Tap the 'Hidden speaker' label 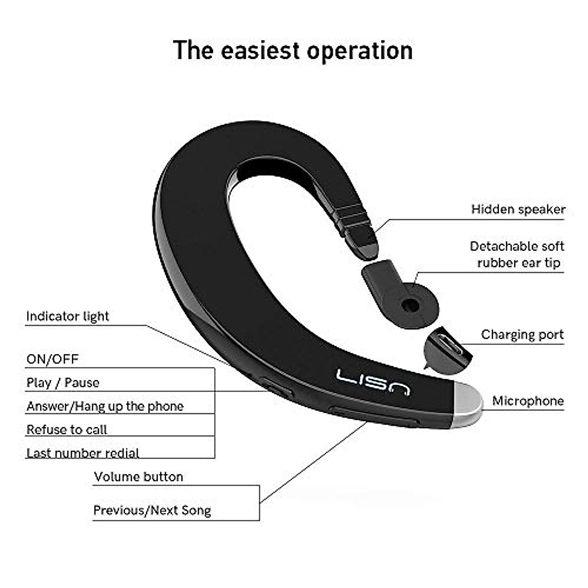coord(518,210)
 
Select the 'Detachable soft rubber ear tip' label coord(517,254)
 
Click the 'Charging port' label coord(522,335)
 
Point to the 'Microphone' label coord(528,401)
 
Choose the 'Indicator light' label coord(68,317)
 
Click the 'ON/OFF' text coord(52,359)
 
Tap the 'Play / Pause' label coord(63,383)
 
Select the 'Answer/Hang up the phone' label coord(105,406)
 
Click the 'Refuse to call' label coord(67,430)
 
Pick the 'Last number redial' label coord(83,453)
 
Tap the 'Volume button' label coord(138,477)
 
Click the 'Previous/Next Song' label coord(152,511)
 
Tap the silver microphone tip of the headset coord(468,405)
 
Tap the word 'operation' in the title coord(360,50)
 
